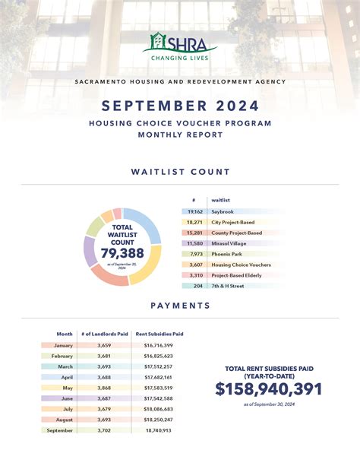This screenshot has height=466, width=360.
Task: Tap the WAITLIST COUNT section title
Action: point(180,173)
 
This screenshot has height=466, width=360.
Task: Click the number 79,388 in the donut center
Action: point(122,252)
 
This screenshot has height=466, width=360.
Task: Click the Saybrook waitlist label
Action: point(224,212)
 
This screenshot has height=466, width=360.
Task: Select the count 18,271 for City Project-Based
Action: point(194,223)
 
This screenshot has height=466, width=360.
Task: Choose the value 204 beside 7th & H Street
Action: point(197,286)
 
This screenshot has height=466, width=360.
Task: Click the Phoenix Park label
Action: point(228,254)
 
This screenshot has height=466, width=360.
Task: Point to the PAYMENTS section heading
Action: point(180,306)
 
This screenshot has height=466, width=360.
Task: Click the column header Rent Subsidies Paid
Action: point(159,334)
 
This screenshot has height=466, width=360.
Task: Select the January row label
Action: point(63,345)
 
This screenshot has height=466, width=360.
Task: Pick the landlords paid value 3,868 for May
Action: point(104,388)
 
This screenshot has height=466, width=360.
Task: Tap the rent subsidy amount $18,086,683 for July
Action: point(158,409)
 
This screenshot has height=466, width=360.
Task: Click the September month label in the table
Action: point(60,430)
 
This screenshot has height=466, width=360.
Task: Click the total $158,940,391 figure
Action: point(269,389)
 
